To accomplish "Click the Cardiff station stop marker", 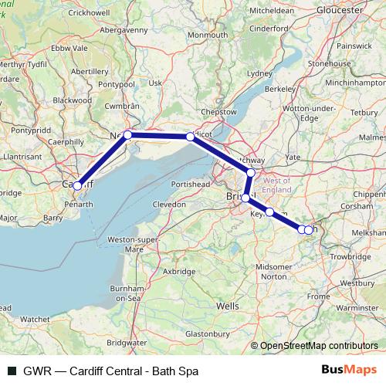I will [77, 186].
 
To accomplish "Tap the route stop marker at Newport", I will [127, 135].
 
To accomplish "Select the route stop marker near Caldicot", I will [190, 137].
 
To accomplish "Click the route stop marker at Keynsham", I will [270, 212].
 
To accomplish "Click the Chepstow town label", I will [218, 112].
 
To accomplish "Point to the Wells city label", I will [228, 306].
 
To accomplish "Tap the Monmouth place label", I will [207, 36].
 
